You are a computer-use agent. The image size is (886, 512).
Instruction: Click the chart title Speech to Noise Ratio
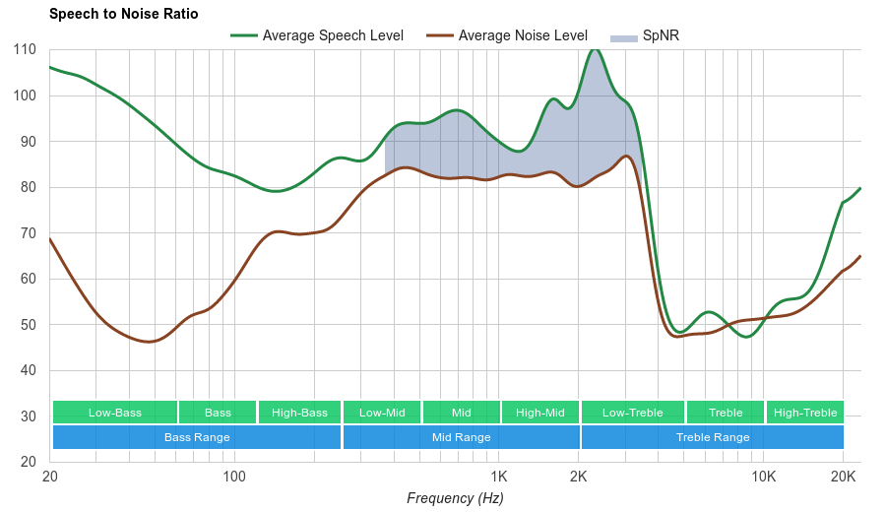(123, 14)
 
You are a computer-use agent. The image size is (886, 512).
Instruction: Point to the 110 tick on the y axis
(26, 49)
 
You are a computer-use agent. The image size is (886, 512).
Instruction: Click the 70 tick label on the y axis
(29, 233)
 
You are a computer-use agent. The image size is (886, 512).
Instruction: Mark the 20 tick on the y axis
(29, 462)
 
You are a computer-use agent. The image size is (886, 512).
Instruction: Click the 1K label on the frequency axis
(497, 477)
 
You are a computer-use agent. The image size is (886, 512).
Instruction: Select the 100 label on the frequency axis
(233, 477)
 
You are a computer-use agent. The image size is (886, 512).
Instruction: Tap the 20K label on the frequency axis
(843, 477)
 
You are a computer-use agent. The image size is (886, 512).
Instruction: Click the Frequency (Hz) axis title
(455, 498)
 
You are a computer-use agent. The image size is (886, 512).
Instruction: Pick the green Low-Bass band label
(115, 413)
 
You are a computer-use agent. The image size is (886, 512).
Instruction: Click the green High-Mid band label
(540, 413)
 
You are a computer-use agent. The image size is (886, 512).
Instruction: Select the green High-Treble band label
(805, 413)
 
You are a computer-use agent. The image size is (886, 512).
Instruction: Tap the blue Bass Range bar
(197, 437)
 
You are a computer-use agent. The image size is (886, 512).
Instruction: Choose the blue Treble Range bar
(713, 437)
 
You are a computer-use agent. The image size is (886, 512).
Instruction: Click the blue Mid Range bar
(461, 437)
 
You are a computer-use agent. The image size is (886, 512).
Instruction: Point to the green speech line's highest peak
(594, 49)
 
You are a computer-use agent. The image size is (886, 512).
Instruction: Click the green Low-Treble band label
(632, 413)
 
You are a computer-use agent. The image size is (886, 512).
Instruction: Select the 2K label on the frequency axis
(579, 477)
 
